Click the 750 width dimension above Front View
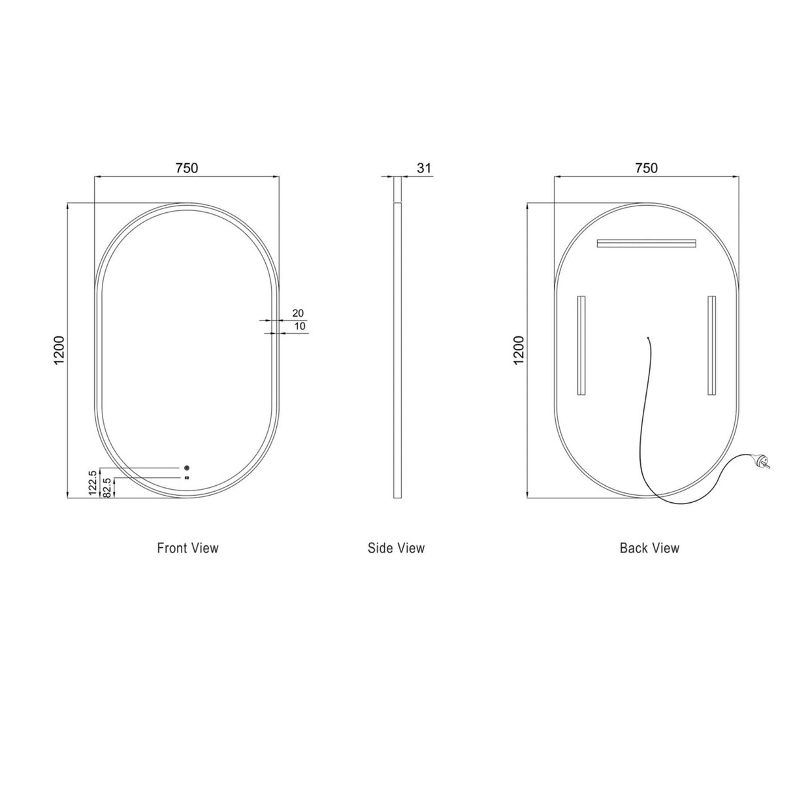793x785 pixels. (x=186, y=168)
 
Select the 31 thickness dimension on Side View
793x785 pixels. (x=424, y=168)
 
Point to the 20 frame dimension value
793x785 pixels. (x=298, y=313)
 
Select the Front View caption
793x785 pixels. (x=187, y=548)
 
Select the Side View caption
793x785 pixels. (x=396, y=548)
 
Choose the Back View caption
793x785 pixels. (x=649, y=548)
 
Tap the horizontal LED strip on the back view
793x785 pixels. (x=647, y=243)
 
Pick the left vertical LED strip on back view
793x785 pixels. (x=581, y=345)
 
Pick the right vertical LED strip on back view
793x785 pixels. (x=711, y=345)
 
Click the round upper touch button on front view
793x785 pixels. (x=187, y=468)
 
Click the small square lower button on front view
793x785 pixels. (x=187, y=478)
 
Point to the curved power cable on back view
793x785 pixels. (x=643, y=418)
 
